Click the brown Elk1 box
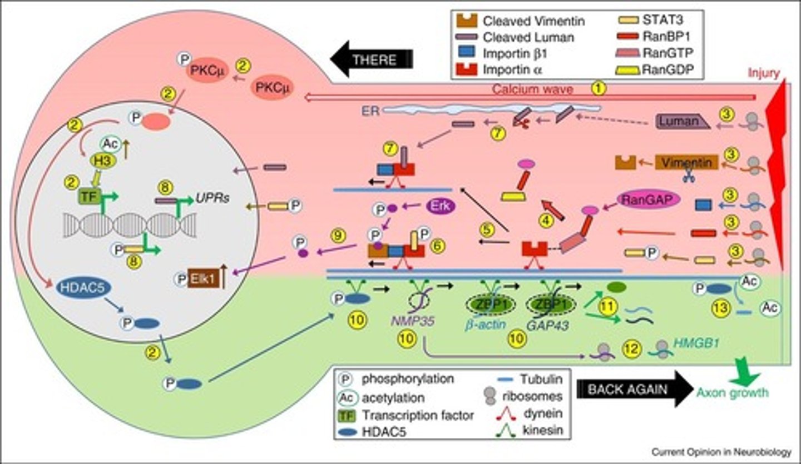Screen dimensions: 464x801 click(x=202, y=277)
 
